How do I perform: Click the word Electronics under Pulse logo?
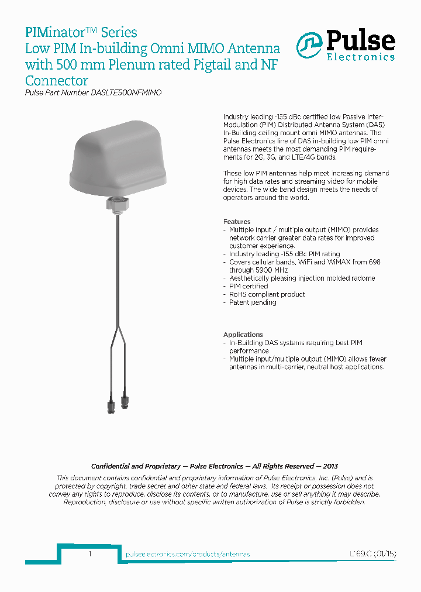pos(360,57)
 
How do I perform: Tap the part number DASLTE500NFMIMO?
pos(127,93)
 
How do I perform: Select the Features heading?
pos(237,222)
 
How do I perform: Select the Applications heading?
pos(243,335)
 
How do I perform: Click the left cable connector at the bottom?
pos(111,406)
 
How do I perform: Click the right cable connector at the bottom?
pos(125,401)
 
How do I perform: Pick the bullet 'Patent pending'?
pos(253,302)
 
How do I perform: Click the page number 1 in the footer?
pos(89,553)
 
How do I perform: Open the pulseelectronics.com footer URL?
pos(188,554)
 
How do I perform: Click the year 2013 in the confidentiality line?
pos(329,466)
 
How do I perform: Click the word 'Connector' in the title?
pos(56,81)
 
